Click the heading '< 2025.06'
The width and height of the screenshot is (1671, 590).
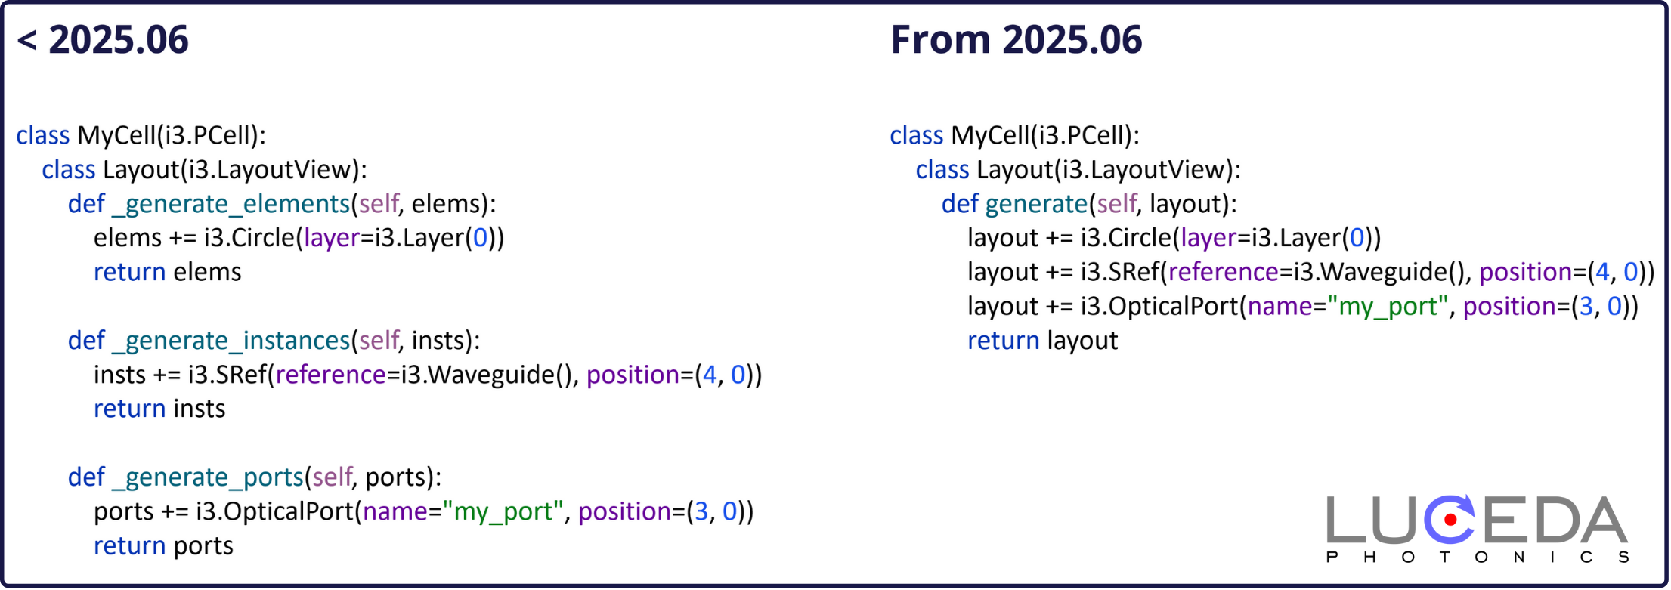(103, 40)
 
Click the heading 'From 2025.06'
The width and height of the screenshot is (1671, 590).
(1017, 40)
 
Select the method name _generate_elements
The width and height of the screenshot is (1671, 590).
(231, 205)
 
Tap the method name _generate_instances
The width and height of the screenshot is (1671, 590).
(231, 341)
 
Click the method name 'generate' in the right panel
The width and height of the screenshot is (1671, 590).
(1036, 205)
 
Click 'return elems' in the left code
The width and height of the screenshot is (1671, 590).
(168, 272)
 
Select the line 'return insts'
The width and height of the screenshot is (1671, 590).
(159, 409)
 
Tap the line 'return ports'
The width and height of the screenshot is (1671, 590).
(163, 546)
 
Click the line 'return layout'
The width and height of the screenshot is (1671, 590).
(1043, 341)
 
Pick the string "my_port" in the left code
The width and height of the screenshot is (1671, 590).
(503, 512)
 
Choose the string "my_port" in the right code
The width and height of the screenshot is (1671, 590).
(1388, 307)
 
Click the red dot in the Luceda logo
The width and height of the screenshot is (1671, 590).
(1450, 520)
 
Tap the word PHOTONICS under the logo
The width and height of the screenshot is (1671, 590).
(1478, 558)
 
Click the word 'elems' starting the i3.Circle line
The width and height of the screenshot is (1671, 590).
(128, 239)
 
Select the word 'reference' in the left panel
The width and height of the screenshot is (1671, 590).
(331, 375)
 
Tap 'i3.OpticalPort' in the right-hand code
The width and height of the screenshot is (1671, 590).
(1160, 307)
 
